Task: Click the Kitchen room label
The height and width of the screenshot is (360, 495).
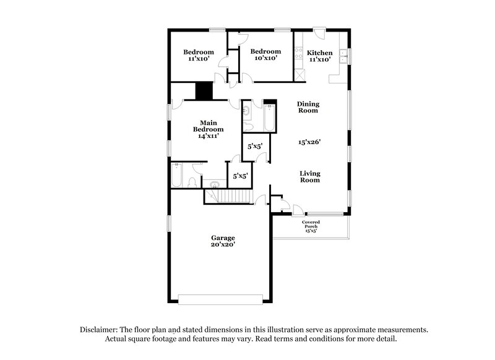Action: click(320, 53)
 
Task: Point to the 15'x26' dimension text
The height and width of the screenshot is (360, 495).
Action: click(309, 142)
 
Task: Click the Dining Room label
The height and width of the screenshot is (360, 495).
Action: click(308, 107)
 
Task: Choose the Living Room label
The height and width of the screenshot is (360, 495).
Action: click(310, 176)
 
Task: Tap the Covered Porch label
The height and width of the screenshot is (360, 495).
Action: click(311, 226)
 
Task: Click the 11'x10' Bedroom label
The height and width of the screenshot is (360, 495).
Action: click(199, 55)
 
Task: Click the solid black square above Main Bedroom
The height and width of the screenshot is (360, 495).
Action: click(204, 91)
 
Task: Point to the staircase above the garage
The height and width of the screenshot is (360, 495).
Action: click(227, 197)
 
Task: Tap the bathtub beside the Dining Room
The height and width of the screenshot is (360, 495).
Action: click(270, 118)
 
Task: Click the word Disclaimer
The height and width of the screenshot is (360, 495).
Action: click(100, 330)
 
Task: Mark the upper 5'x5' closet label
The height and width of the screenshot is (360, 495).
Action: click(255, 147)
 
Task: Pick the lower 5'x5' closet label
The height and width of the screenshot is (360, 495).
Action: click(240, 176)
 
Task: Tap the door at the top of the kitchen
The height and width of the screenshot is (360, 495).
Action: click(318, 32)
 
